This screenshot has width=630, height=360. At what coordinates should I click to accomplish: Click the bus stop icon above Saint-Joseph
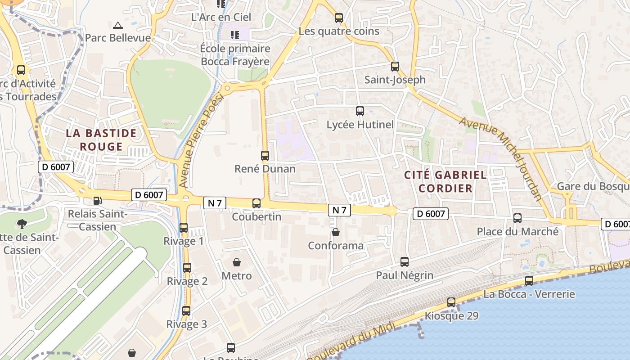[x=395, y=67]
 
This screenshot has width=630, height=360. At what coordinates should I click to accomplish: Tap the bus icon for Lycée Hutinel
[x=360, y=111]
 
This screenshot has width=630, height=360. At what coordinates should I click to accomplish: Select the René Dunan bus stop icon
[x=265, y=156]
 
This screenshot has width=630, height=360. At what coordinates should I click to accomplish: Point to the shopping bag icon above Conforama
[x=335, y=232]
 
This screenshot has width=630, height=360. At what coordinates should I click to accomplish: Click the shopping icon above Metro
[x=237, y=262]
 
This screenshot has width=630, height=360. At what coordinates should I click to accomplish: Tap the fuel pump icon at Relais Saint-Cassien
[x=97, y=201]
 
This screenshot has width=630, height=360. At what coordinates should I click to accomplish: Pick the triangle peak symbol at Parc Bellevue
[x=118, y=25]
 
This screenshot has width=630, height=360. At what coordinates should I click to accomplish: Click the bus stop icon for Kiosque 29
[x=451, y=302]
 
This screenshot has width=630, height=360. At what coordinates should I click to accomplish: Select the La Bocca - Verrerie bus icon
[x=529, y=281]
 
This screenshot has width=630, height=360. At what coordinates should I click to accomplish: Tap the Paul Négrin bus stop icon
[x=405, y=262]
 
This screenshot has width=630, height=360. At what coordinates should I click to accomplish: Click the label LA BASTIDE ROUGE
[x=101, y=139]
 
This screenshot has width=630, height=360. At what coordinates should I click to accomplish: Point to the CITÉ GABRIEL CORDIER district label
[x=445, y=181]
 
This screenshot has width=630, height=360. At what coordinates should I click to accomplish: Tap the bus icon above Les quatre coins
[x=339, y=18]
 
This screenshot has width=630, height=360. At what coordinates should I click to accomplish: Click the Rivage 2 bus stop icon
[x=187, y=268]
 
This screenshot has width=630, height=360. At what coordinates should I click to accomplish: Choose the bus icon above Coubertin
[x=256, y=203]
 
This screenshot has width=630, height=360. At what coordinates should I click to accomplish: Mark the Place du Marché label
[x=517, y=232]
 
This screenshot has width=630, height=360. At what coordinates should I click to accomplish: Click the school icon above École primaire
[x=235, y=35]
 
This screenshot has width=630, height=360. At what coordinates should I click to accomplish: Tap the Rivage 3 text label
[x=187, y=324]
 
